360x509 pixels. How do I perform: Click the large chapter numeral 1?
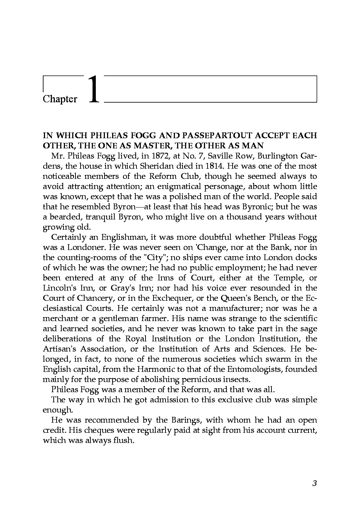94,90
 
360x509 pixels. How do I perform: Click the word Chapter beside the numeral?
60,99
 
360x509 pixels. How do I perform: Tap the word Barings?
184,420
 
